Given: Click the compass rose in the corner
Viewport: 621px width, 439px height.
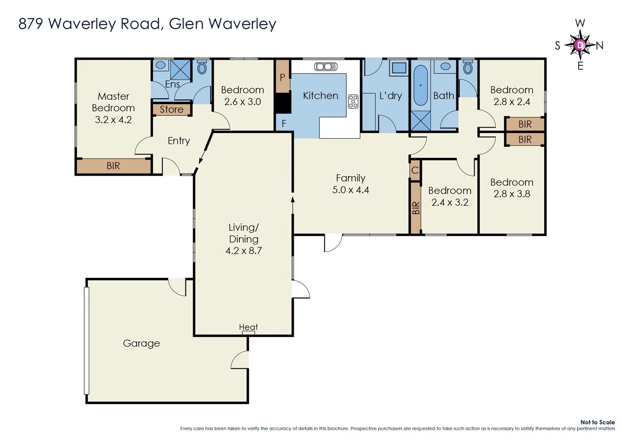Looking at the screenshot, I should [580, 45].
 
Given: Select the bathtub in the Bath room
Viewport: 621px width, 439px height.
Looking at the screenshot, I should [421, 85].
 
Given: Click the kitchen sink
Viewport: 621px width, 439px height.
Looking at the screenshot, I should [326, 66].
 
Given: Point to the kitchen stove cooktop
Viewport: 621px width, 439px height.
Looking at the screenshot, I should [353, 101].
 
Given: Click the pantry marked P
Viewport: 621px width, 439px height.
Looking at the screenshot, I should [282, 77].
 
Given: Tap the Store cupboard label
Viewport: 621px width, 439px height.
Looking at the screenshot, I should [172, 109].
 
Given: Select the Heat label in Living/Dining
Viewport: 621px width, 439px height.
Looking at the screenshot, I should [248, 327].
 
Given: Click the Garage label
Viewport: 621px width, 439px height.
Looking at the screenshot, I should [141, 343].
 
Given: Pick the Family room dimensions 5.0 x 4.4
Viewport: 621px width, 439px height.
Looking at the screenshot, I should [350, 190].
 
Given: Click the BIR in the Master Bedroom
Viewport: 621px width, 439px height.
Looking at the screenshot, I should [113, 166].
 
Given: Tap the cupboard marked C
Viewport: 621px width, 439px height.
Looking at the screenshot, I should [415, 170].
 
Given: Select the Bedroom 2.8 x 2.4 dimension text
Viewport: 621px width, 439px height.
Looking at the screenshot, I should [512, 102].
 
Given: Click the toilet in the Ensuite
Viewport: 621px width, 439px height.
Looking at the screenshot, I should [202, 67].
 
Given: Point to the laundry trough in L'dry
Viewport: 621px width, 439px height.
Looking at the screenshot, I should [399, 68].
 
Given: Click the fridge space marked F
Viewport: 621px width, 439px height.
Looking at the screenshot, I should [284, 124].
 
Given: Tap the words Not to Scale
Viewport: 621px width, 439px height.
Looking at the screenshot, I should [597, 422].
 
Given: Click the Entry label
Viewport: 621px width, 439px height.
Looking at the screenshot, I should [179, 141].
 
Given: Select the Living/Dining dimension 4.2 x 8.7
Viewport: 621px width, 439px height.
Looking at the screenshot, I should [243, 251].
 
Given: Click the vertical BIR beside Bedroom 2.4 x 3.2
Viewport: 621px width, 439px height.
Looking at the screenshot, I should [415, 208].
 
